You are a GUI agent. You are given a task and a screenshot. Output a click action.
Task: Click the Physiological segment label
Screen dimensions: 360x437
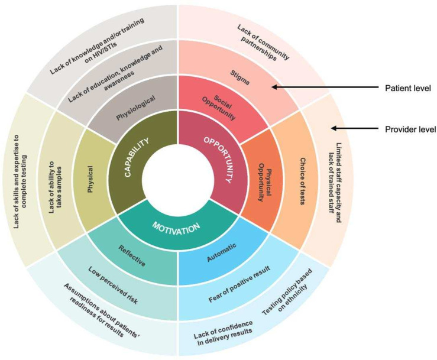tap(131, 109)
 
